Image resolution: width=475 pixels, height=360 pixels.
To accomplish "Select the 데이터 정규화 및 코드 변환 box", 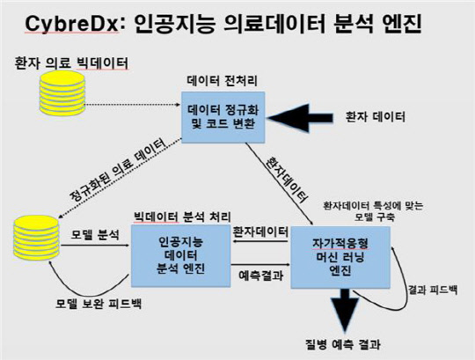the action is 223,117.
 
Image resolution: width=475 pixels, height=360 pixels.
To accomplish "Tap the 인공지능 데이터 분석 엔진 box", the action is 181,256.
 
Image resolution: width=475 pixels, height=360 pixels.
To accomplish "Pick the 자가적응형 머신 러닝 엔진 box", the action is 340,257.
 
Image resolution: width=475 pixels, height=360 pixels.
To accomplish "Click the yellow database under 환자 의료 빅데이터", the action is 62,93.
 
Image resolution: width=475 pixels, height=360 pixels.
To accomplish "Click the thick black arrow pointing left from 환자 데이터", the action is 300,118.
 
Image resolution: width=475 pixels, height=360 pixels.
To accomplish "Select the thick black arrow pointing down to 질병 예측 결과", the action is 345,310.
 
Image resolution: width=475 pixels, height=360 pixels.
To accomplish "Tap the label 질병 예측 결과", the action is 343,344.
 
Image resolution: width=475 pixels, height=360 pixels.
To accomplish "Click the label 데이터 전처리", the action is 223,81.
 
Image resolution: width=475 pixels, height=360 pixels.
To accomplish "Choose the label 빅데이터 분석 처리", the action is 182,217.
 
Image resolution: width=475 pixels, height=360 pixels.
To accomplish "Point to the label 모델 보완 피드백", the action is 99,304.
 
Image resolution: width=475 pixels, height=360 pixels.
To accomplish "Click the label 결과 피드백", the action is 433,290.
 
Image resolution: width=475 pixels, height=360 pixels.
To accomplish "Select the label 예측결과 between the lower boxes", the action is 261,276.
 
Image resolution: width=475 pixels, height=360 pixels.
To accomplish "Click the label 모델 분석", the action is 95,234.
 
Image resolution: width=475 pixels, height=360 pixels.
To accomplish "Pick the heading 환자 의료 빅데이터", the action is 71,63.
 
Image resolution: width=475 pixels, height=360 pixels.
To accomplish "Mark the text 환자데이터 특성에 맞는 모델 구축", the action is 374,211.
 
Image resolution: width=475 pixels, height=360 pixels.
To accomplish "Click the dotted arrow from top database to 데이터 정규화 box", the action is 133,105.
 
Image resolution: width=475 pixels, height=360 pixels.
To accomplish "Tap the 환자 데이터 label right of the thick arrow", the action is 376,117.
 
